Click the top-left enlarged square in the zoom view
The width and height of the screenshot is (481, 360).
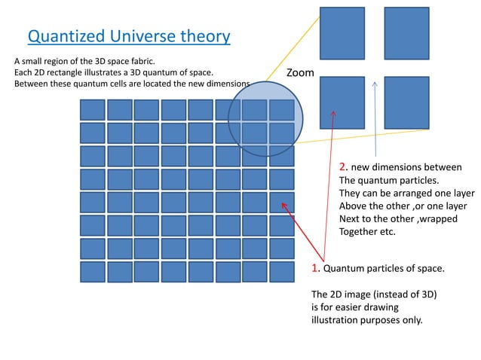tap(342, 32)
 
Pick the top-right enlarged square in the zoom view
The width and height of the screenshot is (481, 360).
tap(406, 32)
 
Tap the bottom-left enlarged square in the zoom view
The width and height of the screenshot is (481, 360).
tap(342, 102)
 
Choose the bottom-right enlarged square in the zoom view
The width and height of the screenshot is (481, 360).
tap(406, 102)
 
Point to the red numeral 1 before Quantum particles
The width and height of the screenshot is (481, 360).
tap(315, 268)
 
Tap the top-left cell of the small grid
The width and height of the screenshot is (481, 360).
tap(92, 109)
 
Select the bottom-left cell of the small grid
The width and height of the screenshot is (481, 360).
tap(92, 272)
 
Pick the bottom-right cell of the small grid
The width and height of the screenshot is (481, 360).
tap(280, 272)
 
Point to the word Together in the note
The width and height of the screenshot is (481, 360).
tap(362, 232)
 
